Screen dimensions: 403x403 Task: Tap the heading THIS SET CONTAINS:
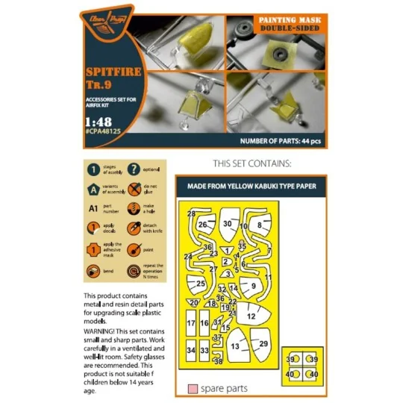tap(250, 163)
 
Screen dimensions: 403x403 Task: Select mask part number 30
tap(227, 223)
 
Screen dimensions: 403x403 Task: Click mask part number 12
tap(252, 316)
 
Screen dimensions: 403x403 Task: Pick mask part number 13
tap(235, 346)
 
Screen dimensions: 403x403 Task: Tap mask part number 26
tap(201, 224)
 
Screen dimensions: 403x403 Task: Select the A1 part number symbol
tap(93, 210)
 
